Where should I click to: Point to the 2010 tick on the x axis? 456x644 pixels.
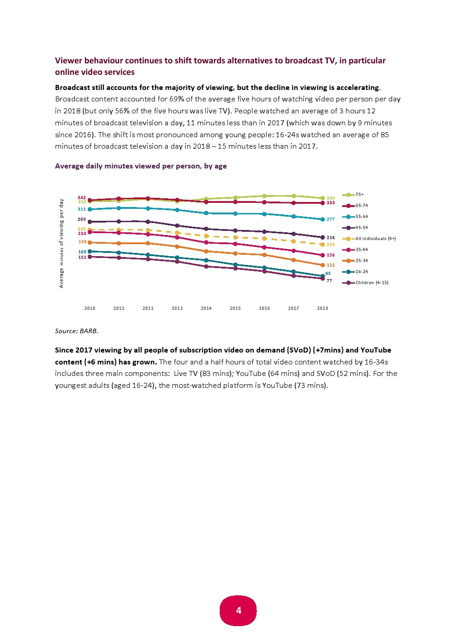[90, 308]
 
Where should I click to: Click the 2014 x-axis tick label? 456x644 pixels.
[206, 308]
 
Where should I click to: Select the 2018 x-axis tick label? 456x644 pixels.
[322, 308]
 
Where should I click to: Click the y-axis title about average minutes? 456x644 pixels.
[62, 243]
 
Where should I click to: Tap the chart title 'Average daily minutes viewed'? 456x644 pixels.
[141, 166]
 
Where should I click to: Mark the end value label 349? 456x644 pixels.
[331, 198]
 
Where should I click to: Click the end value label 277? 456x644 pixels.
[331, 219]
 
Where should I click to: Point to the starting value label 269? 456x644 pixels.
[82, 219]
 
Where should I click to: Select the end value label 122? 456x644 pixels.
[331, 265]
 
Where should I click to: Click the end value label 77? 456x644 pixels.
[329, 281]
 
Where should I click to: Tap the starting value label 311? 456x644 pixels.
[82, 209]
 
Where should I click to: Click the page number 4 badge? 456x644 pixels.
[238, 610]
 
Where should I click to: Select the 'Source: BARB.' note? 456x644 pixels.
[77, 331]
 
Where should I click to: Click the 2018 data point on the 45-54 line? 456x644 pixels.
[322, 237]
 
